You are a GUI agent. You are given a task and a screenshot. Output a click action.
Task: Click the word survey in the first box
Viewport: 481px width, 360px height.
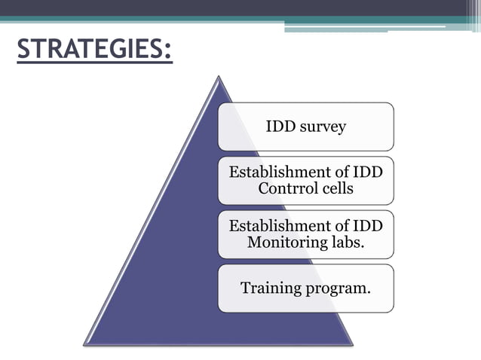click(x=323, y=126)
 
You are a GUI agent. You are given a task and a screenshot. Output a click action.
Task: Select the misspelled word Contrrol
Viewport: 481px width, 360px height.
click(x=286, y=188)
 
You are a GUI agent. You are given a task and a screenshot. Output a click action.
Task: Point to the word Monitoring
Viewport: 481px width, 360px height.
click(x=285, y=243)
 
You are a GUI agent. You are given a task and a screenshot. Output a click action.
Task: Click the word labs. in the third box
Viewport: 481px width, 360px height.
click(x=345, y=243)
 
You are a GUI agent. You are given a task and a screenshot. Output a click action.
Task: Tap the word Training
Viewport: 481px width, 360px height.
click(x=271, y=288)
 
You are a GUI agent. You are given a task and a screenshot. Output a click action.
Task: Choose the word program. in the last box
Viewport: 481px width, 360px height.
click(x=339, y=288)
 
